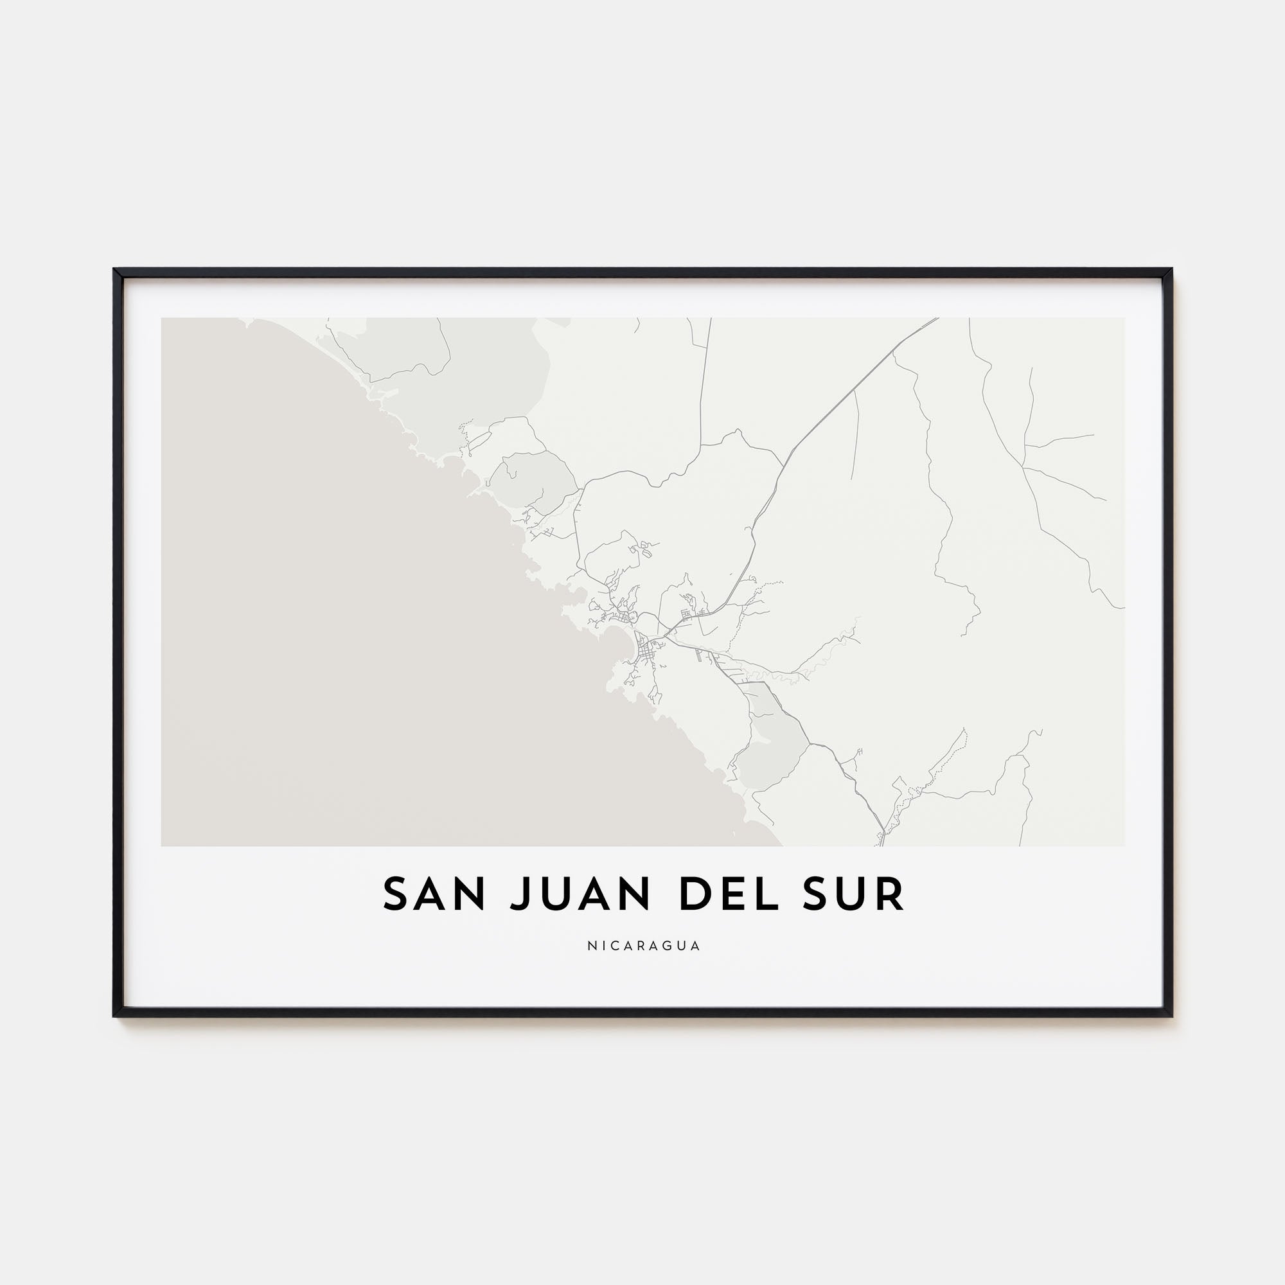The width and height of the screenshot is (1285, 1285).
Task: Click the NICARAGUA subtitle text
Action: (643, 946)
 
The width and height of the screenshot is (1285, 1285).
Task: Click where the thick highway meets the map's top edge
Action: (937, 319)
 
